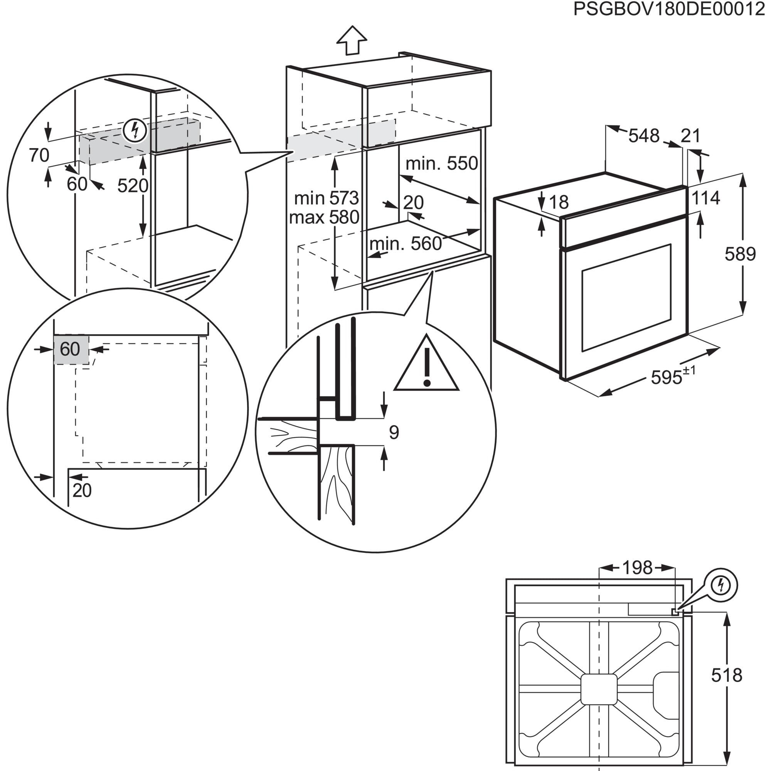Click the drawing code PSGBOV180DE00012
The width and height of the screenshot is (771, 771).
(x=669, y=10)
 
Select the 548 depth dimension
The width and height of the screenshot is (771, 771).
(x=644, y=136)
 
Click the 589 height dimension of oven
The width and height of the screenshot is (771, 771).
(x=740, y=254)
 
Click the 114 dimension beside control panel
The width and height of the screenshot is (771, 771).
(x=705, y=197)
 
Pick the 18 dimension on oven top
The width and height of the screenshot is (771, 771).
(x=559, y=202)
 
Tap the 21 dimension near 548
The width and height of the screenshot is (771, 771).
(x=690, y=136)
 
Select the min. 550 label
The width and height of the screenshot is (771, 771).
(x=441, y=163)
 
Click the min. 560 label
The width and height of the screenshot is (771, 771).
(x=406, y=243)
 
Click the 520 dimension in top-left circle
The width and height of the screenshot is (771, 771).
(x=133, y=185)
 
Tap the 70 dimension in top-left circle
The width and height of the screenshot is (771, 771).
(x=39, y=155)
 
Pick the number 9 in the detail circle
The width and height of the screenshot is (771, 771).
(x=394, y=433)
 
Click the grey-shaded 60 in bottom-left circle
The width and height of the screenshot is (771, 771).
(x=70, y=349)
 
